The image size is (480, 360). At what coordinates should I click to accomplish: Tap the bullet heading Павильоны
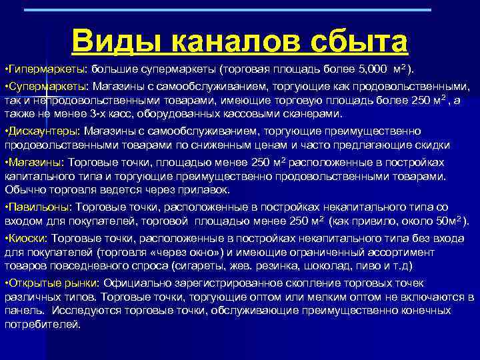click(x=39, y=207)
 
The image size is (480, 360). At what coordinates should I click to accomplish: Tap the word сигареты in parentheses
click(x=208, y=265)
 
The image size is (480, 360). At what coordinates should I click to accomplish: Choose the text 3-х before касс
click(x=98, y=114)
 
